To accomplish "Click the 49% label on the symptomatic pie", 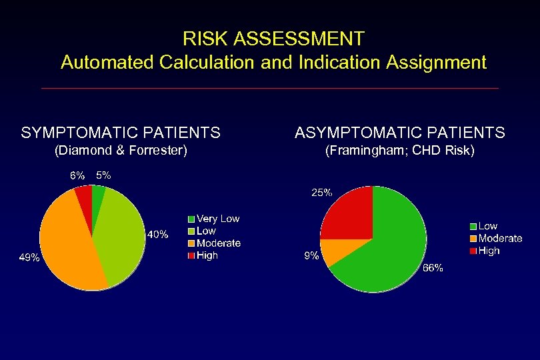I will tap(29, 257).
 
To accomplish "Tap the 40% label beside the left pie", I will tap(157, 235).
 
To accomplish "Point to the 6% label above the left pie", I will tap(77, 176).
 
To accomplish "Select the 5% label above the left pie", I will tap(103, 175).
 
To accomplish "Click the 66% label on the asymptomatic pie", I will tap(433, 268).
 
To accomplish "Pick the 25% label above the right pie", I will tap(321, 193).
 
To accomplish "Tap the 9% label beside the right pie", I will tap(311, 255).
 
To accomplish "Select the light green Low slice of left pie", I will tap(120, 233).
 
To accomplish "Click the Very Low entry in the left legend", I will tap(213, 219).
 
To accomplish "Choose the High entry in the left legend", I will tap(203, 255).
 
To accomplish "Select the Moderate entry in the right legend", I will tap(496, 239).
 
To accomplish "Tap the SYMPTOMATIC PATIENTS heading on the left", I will tap(121, 133).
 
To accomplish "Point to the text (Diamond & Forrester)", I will tap(120, 151).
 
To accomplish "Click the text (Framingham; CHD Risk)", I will tap(399, 151).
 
